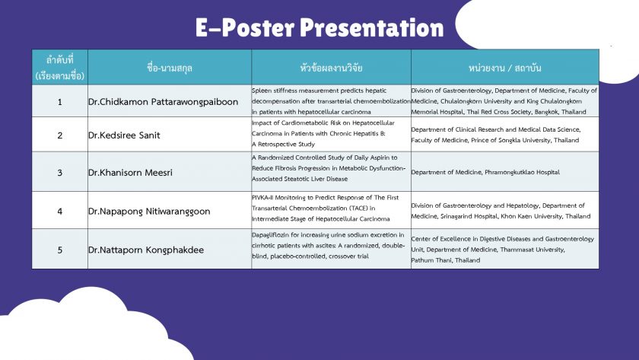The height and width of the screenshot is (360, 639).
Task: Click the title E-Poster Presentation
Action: click(319, 27)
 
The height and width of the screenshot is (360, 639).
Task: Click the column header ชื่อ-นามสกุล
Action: click(170, 68)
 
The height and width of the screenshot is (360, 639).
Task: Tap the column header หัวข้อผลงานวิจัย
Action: click(331, 68)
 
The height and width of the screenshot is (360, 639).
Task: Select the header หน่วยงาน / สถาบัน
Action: click(504, 68)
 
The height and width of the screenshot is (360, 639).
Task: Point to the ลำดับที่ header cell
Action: click(60, 67)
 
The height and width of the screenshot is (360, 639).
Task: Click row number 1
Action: click(60, 102)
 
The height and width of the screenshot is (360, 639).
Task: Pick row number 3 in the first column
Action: click(60, 173)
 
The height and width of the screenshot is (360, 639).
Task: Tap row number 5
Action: click(60, 250)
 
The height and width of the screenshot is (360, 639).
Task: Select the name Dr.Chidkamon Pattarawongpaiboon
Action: click(163, 102)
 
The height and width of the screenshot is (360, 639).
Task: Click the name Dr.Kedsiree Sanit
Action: click(124, 135)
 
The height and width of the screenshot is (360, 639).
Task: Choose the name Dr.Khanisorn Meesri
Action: click(130, 173)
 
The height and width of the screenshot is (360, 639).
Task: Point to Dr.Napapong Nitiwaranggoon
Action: click(149, 212)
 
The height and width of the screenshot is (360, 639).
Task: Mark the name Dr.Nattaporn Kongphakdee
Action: click(146, 250)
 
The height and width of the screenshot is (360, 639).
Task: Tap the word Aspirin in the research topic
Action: click(381, 158)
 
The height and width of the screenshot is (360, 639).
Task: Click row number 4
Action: click(60, 212)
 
